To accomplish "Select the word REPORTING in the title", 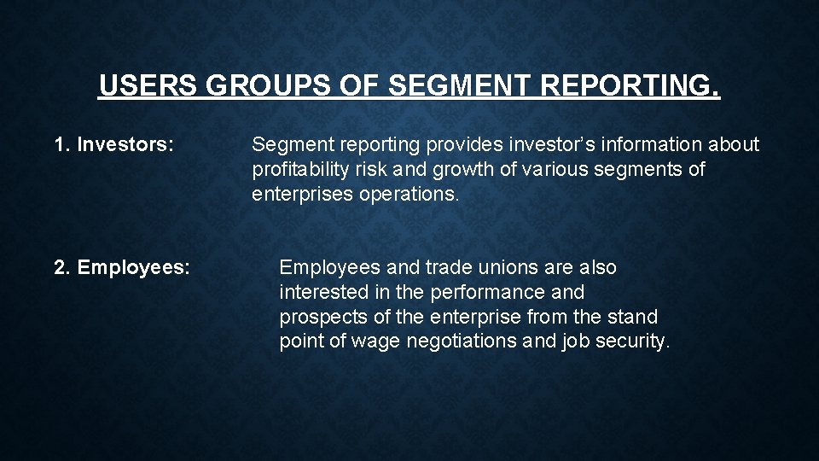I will pos(630,86).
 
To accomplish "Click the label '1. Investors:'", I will pos(114,145).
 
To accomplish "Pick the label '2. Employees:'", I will pos(122,268).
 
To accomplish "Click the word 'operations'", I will pos(409,195).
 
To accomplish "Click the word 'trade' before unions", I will pos(449,268).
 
